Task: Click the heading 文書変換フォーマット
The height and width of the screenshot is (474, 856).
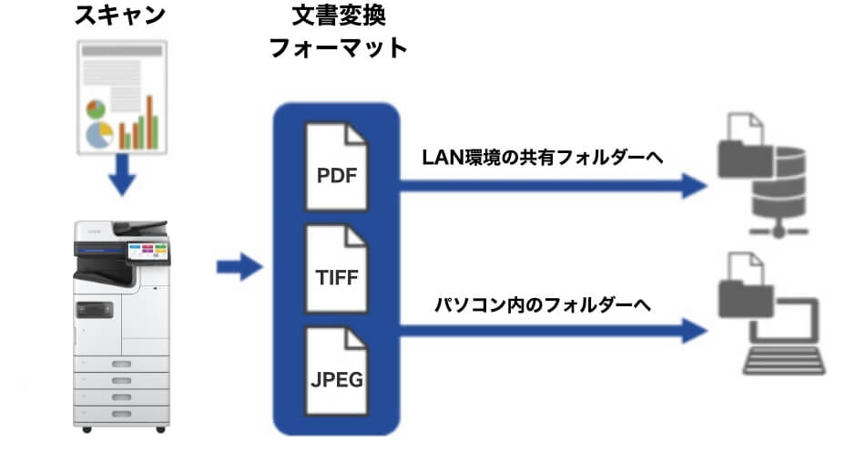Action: tap(338, 33)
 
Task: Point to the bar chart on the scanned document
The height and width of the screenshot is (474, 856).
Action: tap(141, 123)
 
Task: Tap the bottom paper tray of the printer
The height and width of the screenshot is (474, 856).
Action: tap(121, 412)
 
